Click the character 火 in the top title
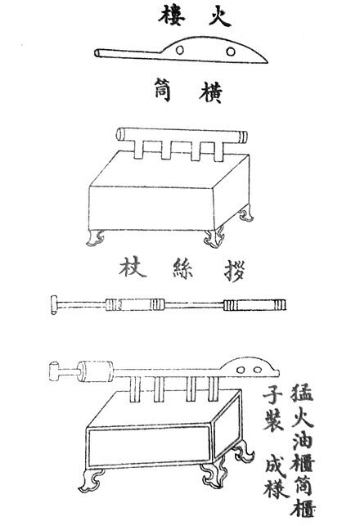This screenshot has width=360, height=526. point(219,16)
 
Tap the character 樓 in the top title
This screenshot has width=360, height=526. point(172,16)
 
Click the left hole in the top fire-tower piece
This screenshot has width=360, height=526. point(180,50)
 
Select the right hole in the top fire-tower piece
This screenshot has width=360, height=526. point(231,52)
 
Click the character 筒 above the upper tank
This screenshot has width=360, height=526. point(163,90)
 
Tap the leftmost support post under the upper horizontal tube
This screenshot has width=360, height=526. point(138,149)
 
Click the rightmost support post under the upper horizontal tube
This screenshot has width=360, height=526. point(218,151)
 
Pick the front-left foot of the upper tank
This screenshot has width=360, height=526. point(95,237)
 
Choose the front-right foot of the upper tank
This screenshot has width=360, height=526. point(214,239)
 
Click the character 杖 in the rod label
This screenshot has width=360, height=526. point(133,267)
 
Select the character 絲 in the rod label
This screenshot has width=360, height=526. point(183,268)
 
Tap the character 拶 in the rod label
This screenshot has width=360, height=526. point(235,271)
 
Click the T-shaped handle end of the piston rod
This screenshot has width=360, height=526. point(54,304)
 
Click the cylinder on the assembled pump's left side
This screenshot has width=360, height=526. point(96,371)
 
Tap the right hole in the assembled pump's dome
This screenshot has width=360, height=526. point(258,370)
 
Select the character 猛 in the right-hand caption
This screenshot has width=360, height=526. point(302,393)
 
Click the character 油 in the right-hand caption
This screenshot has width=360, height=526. point(303,440)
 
